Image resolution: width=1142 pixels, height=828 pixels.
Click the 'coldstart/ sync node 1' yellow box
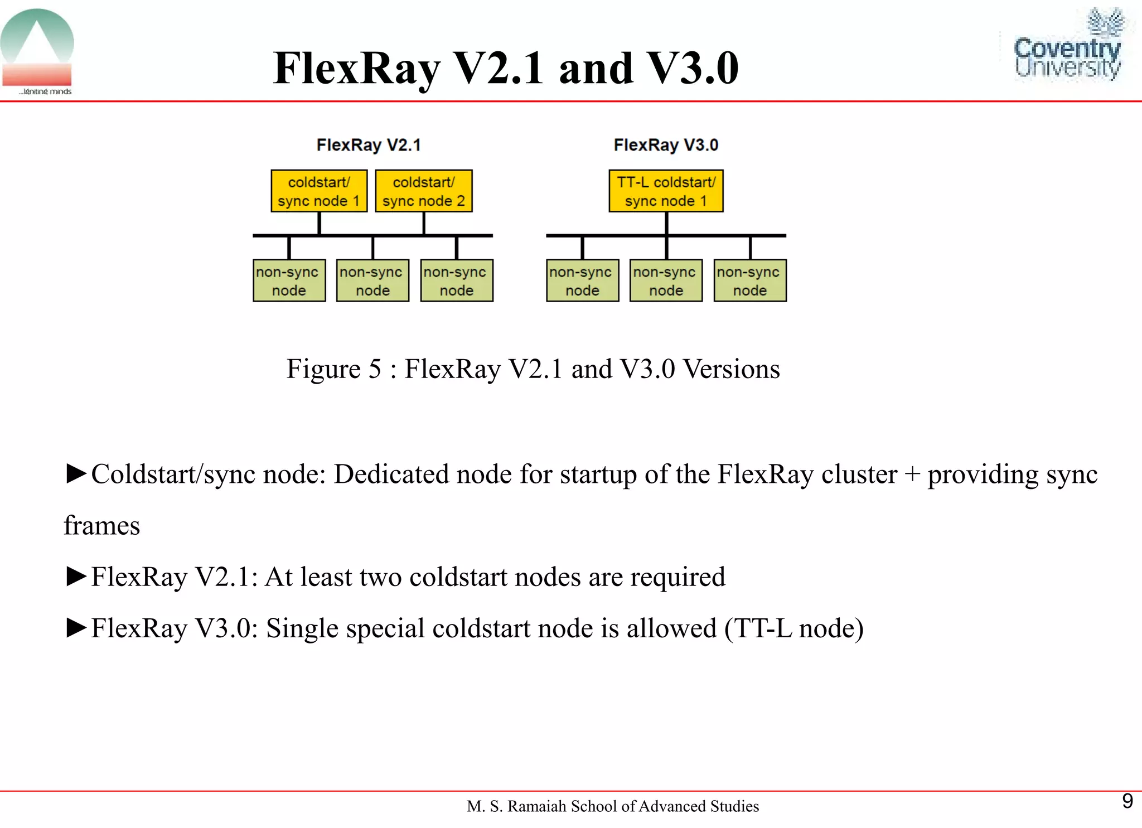click(319, 191)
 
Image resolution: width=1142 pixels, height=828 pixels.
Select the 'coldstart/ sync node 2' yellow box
click(424, 191)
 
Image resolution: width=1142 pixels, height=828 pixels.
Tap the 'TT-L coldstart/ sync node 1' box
click(666, 191)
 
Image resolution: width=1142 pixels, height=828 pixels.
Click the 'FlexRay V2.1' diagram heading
click(369, 145)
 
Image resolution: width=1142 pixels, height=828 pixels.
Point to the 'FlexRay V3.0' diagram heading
click(666, 145)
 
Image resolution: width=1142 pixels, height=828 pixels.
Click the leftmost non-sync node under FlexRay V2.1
click(289, 280)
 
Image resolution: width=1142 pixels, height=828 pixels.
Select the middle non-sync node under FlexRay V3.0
click(666, 280)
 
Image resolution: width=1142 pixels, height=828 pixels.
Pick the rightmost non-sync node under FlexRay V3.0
click(750, 280)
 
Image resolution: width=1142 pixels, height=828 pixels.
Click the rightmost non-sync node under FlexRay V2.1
click(457, 280)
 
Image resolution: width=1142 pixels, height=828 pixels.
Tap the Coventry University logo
click(1067, 47)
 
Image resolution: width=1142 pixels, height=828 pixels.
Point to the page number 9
click(1127, 801)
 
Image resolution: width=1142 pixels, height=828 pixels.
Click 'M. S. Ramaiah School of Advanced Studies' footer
click(613, 806)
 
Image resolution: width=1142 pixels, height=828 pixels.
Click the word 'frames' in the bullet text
click(102, 526)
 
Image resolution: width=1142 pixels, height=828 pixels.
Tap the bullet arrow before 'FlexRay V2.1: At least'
click(76, 576)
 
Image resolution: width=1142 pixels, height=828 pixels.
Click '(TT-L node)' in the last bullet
click(793, 629)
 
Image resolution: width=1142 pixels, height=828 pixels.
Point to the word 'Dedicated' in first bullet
click(385, 474)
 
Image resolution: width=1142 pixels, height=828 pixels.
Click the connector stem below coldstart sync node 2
click(424, 223)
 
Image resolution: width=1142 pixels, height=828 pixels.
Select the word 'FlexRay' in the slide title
click(357, 69)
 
